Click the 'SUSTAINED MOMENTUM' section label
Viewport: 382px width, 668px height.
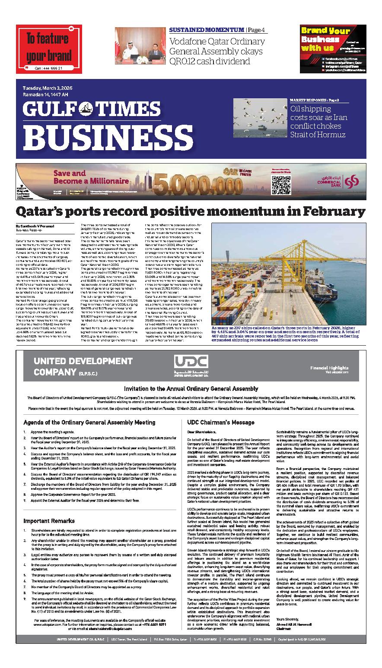click(206, 30)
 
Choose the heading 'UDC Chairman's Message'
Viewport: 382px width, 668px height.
click(220, 422)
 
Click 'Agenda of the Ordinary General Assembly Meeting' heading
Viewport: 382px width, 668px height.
click(89, 422)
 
